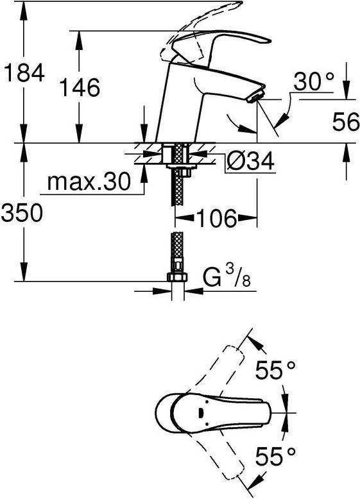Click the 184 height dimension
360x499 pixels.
(x=23, y=73)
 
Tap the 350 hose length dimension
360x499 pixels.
(x=22, y=213)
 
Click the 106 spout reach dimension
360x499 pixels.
(x=215, y=219)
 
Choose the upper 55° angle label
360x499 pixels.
(x=275, y=371)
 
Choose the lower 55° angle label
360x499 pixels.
(x=275, y=457)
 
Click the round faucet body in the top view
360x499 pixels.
(x=171, y=413)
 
